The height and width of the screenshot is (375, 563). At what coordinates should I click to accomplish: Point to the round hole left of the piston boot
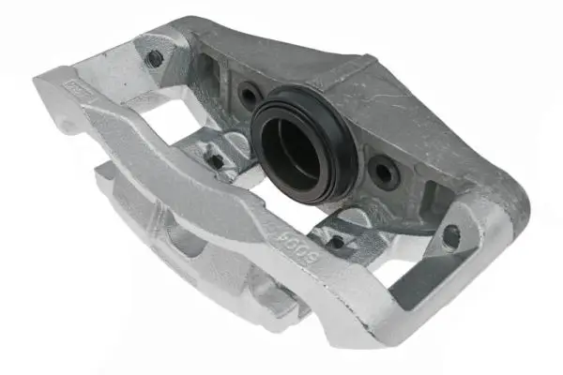pyautogui.click(x=250, y=95)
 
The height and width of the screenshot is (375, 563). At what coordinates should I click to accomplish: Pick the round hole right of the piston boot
pyautogui.click(x=384, y=171)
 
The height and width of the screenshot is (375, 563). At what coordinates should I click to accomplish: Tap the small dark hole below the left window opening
pyautogui.click(x=217, y=160)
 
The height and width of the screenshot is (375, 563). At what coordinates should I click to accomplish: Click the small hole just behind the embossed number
pyautogui.click(x=335, y=241)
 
